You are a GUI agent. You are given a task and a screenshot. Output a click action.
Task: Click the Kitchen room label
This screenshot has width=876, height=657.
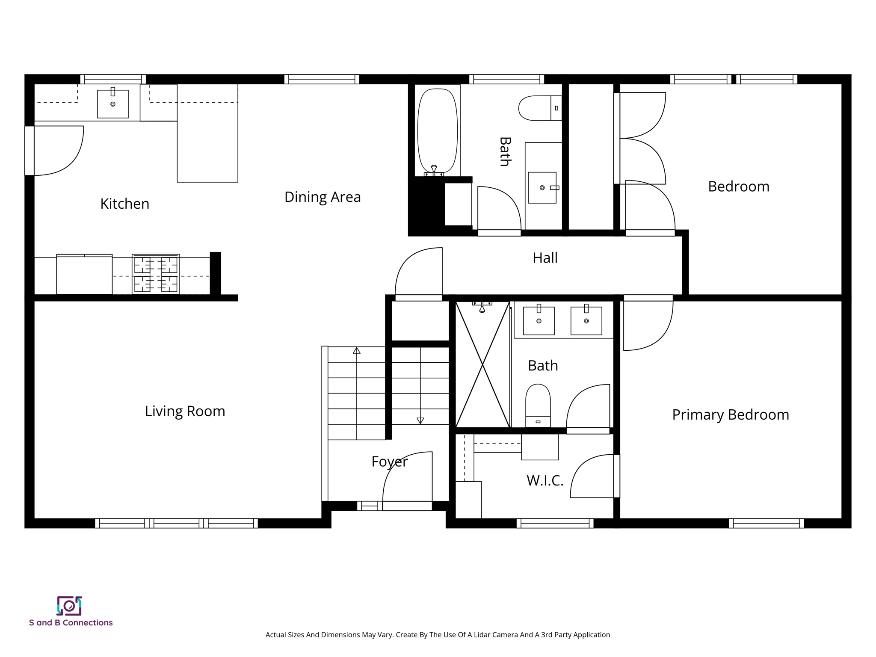124,204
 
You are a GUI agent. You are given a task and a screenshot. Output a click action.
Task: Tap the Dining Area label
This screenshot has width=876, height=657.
323,197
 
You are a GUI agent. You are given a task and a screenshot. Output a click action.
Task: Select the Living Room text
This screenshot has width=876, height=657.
185,411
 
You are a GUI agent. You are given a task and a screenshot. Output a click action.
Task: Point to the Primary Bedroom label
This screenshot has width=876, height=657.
730,414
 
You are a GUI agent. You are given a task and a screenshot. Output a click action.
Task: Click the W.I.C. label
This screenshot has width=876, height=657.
545,480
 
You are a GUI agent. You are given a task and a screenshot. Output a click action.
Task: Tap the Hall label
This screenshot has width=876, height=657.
545,257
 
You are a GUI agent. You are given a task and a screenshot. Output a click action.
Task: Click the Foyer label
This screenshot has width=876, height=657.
389,462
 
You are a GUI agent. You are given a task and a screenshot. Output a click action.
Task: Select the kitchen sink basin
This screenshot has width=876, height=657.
113,104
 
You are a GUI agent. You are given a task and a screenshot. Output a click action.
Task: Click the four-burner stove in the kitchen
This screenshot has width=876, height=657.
156,274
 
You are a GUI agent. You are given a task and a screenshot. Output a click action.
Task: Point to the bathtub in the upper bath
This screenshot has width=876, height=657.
437,130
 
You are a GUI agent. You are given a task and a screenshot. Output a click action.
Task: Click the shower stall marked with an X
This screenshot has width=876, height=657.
482,364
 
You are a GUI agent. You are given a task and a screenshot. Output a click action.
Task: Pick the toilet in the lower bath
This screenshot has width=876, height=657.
538,404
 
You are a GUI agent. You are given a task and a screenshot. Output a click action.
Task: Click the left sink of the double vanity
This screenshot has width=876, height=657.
539,320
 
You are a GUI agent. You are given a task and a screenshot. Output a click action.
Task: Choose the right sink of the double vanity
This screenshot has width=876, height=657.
586,320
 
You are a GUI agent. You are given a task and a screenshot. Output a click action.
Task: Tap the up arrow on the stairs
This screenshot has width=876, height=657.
357,351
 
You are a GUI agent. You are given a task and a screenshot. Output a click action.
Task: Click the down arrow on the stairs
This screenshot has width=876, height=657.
420,420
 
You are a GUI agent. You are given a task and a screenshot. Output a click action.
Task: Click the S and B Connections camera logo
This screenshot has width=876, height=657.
69,606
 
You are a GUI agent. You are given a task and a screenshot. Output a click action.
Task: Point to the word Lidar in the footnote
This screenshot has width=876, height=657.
482,635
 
